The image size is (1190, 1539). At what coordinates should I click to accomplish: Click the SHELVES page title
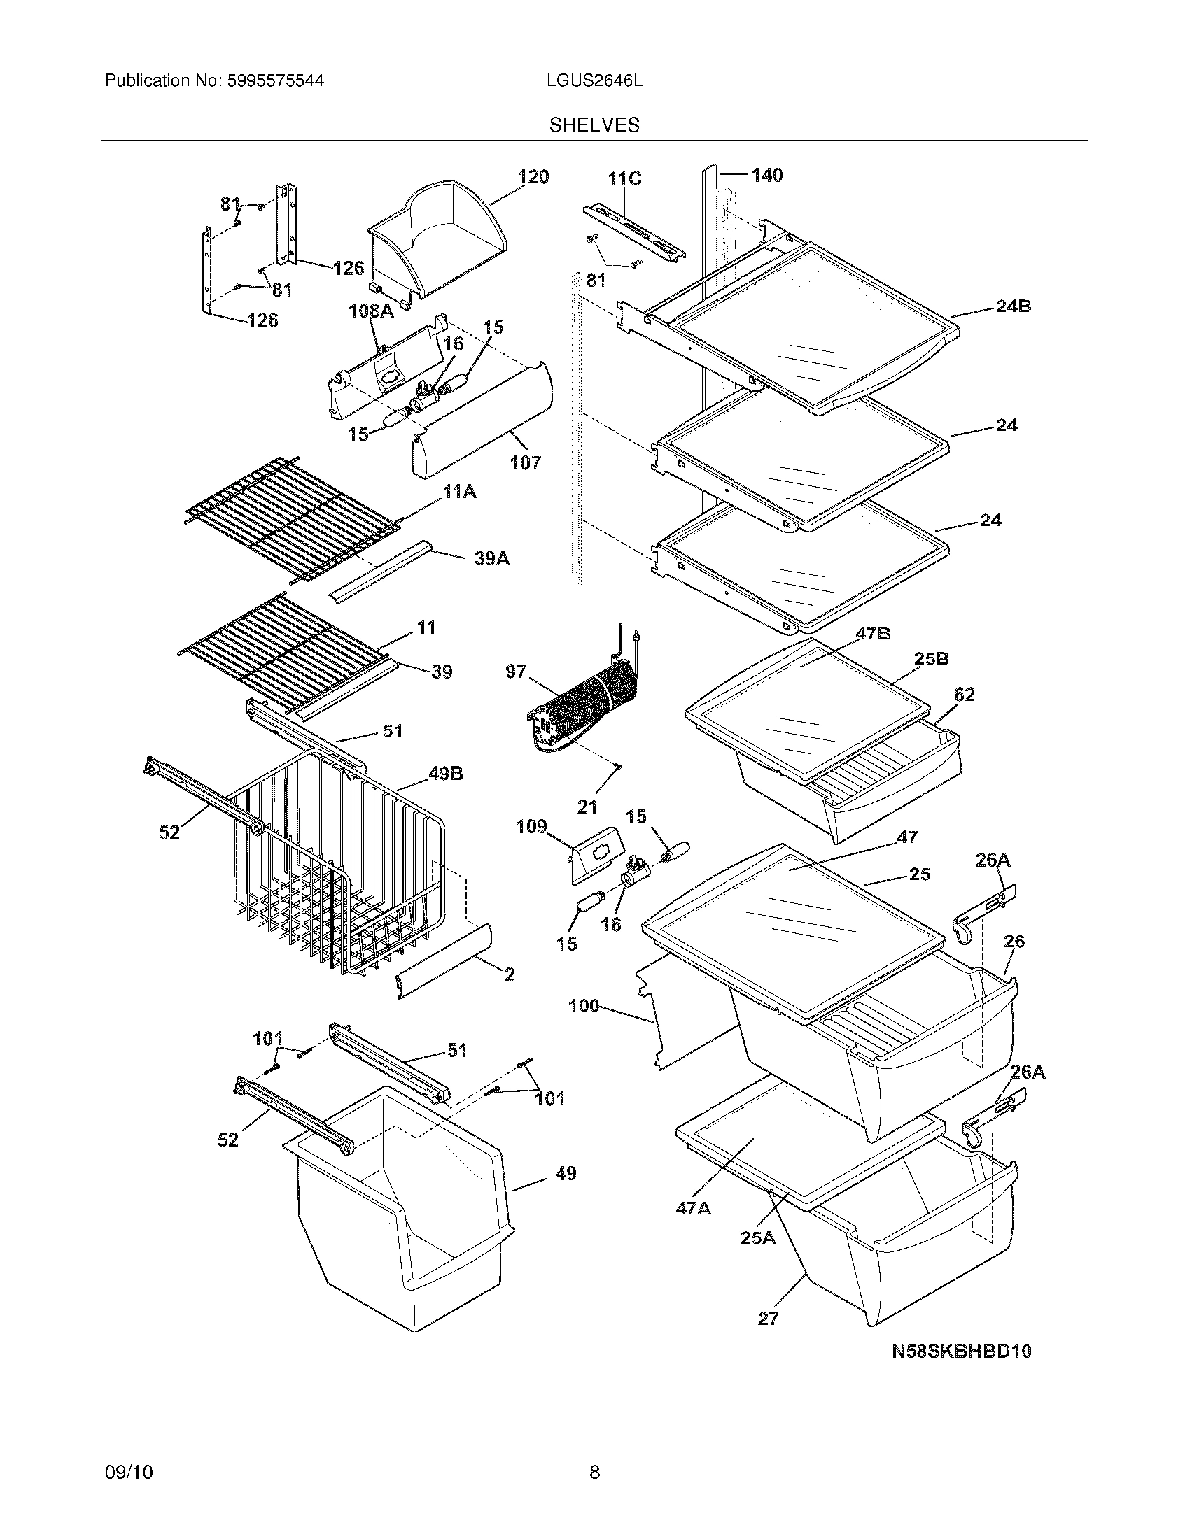[x=594, y=125]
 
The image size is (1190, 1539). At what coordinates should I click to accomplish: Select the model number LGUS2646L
[x=594, y=80]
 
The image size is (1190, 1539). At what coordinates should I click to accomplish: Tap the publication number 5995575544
[x=274, y=80]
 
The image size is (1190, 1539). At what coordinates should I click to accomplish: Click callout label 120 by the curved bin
[x=533, y=177]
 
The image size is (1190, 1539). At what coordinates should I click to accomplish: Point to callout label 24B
[x=1013, y=306]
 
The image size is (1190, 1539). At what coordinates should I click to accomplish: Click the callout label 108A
[x=371, y=311]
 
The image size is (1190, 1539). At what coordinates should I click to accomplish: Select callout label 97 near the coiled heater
[x=516, y=671]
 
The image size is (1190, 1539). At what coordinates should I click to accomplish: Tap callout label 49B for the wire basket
[x=444, y=774]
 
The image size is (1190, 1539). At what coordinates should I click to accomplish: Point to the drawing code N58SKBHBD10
[x=962, y=1351]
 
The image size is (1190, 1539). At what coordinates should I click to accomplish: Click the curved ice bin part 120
[x=437, y=239]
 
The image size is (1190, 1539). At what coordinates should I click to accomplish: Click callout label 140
[x=766, y=175]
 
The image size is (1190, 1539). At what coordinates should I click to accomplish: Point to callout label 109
[x=531, y=827]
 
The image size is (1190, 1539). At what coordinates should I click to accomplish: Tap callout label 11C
[x=624, y=179]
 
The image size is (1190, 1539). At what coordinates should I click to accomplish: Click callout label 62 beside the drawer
[x=964, y=694]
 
